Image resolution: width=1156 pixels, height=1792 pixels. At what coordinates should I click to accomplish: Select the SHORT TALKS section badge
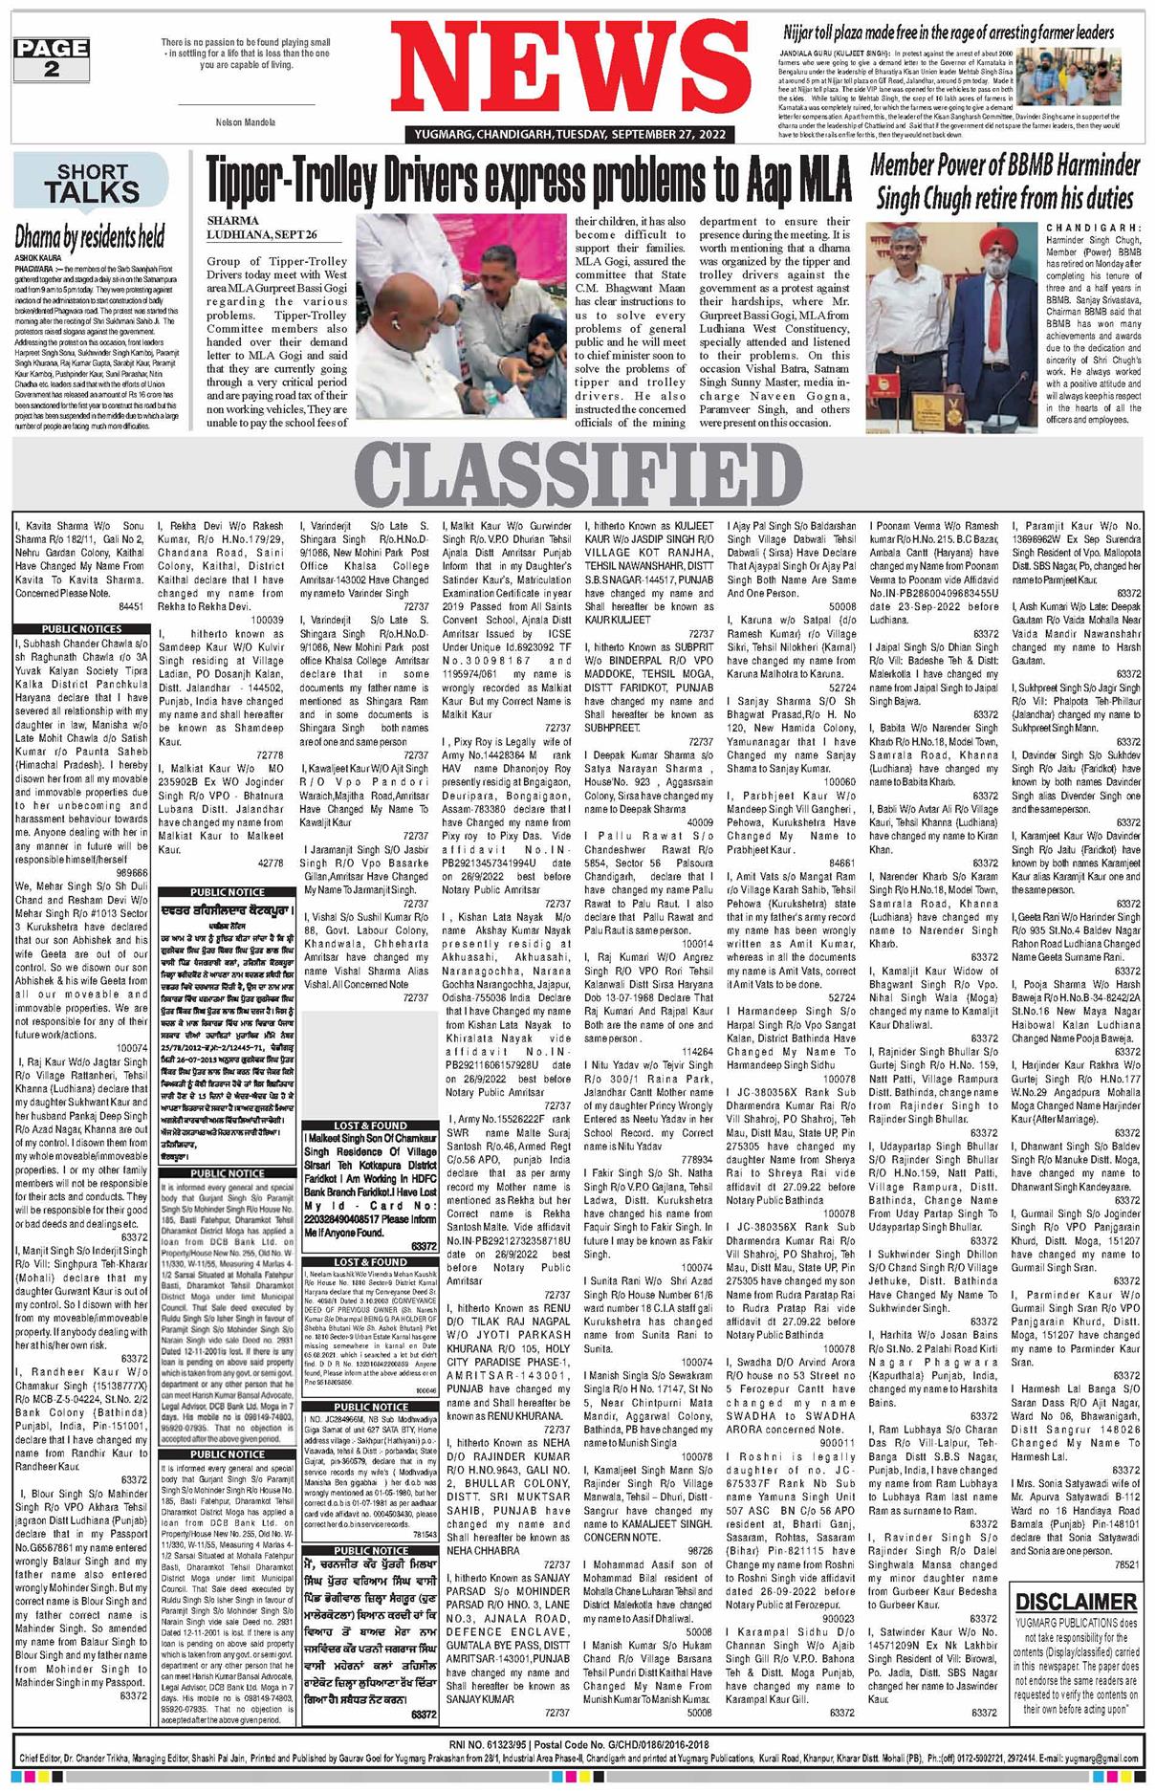click(x=91, y=184)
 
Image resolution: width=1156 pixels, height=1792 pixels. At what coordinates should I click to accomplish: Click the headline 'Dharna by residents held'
click(x=89, y=236)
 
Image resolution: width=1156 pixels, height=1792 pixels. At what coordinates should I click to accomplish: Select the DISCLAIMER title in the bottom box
click(x=1076, y=1601)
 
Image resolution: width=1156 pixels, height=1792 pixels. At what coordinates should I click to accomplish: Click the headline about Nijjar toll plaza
click(x=949, y=33)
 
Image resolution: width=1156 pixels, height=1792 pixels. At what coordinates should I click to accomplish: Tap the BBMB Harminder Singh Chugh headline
click(x=1004, y=181)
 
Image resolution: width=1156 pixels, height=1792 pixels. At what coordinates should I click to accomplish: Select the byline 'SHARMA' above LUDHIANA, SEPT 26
click(x=232, y=221)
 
